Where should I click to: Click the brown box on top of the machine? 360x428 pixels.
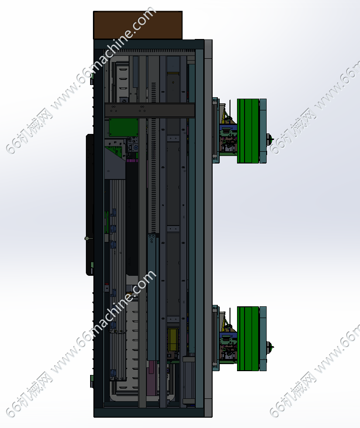pyautogui.click(x=138, y=25)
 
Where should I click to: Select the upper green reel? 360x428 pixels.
pyautogui.click(x=248, y=131)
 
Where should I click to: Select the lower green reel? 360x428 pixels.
pyautogui.click(x=248, y=338)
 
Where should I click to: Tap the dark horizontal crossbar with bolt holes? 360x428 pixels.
pyautogui.click(x=150, y=110)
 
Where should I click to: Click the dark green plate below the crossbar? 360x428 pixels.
pyautogui.click(x=123, y=127)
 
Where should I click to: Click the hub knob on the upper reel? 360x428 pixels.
pyautogui.click(x=270, y=140)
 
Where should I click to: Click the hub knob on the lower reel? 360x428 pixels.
pyautogui.click(x=270, y=347)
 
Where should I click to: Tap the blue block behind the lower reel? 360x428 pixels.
pyautogui.click(x=228, y=335)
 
